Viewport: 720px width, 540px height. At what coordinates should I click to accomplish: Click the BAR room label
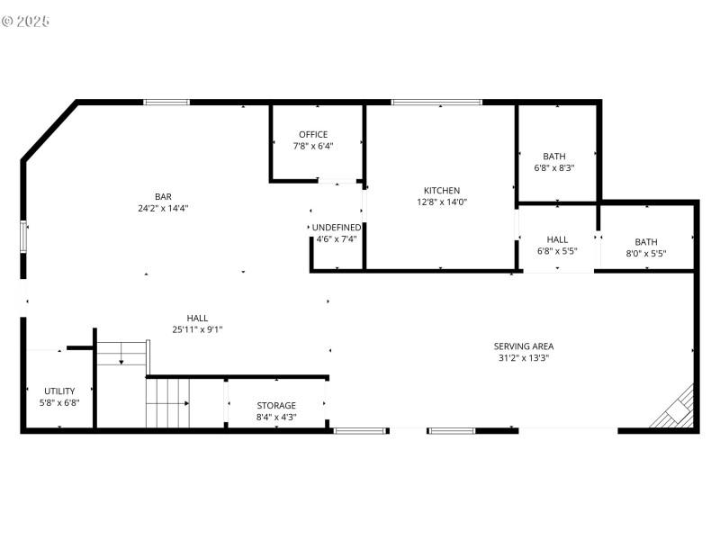(163, 196)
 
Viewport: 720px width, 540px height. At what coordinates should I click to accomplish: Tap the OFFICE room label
(313, 134)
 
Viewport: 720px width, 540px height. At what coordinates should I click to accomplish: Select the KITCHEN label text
(442, 190)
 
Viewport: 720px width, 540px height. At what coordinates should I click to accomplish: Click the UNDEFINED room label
(337, 228)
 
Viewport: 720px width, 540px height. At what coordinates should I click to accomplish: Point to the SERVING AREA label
(523, 346)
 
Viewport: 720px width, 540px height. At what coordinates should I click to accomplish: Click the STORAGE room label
(275, 406)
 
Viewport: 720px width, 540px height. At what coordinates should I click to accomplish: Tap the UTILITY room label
(60, 391)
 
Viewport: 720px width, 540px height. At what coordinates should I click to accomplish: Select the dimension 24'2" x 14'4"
(163, 208)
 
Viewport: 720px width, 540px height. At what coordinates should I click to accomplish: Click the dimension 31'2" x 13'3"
(523, 357)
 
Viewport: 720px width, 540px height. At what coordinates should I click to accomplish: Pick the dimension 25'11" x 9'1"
(197, 329)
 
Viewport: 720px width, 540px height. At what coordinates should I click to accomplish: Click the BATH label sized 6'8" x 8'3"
(554, 156)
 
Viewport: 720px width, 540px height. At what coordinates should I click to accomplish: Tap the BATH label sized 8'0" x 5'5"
(646, 241)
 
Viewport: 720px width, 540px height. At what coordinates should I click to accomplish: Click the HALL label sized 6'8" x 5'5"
(557, 239)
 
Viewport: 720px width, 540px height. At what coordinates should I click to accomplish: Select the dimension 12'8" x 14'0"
(442, 202)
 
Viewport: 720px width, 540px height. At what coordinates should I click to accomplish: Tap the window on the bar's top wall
(167, 103)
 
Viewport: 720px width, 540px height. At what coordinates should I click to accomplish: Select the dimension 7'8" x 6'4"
(313, 146)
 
